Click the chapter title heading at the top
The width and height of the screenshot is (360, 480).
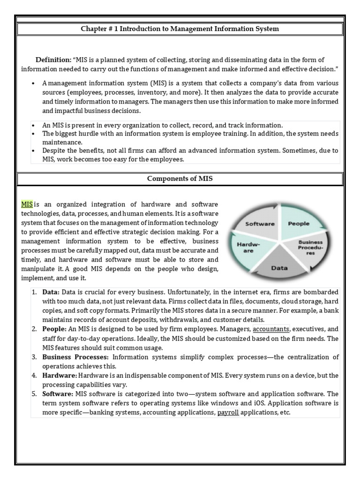click(180, 29)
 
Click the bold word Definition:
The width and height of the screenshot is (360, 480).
click(53, 60)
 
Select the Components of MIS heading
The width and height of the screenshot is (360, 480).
click(180, 179)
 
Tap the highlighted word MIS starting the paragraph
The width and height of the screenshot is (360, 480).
click(27, 204)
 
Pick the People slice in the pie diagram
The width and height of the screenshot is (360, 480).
click(298, 224)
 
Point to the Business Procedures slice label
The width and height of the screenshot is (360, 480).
click(311, 247)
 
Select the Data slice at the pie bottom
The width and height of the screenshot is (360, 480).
click(280, 268)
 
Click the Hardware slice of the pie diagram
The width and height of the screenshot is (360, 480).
click(245, 247)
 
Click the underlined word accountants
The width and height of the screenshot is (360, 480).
click(270, 329)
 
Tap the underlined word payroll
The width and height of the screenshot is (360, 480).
click(228, 412)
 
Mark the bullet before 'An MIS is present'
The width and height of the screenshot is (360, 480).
click(34, 126)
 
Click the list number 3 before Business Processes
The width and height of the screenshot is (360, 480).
click(34, 357)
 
